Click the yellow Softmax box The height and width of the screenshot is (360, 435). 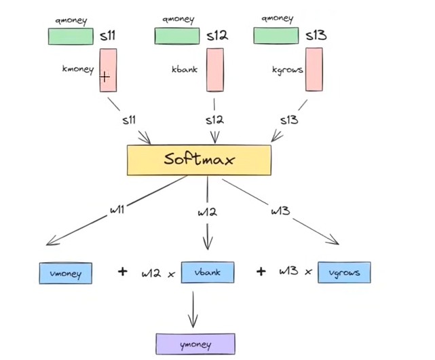pos(199,160)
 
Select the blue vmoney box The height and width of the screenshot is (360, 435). pos(65,274)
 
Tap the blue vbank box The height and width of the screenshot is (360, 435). pos(207,272)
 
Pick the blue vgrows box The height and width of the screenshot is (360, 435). pos(344,272)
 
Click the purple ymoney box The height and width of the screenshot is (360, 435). pos(195,344)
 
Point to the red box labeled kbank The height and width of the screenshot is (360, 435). pos(215,70)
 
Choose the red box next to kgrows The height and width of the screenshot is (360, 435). pos(314,69)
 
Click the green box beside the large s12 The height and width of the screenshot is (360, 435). pos(176,36)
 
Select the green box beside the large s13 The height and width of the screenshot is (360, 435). pos(276,35)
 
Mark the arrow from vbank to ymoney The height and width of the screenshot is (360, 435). pos(194,310)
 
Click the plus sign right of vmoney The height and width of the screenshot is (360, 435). pos(123,272)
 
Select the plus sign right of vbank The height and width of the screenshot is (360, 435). pos(261,272)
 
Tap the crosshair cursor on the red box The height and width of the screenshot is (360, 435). pos(105,77)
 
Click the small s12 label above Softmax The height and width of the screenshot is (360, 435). pos(214,120)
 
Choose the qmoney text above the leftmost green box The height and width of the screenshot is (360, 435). pos(71,19)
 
